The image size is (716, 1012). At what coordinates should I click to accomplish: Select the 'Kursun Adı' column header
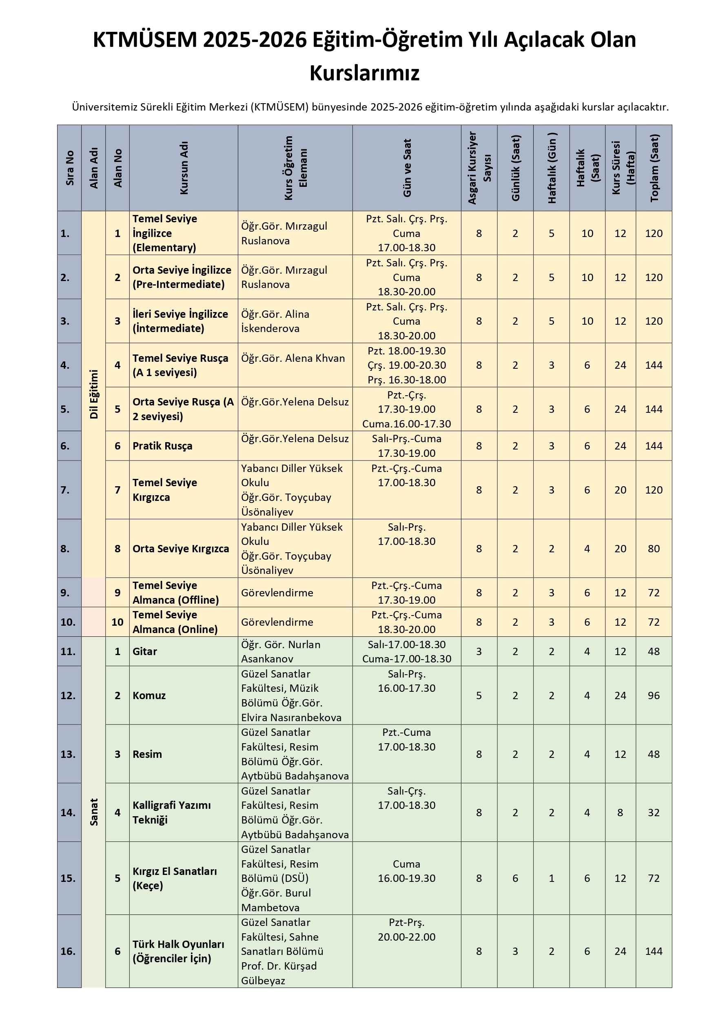[184, 168]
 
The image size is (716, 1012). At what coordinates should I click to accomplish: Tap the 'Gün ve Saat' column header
[407, 168]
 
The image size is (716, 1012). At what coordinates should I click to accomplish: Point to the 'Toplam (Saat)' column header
[654, 168]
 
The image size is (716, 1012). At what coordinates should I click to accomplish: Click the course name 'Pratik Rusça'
[162, 446]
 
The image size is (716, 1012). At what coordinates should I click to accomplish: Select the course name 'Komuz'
[149, 695]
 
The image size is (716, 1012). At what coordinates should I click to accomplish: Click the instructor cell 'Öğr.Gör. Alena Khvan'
[293, 359]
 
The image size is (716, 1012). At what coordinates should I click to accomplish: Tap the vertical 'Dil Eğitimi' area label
[93, 394]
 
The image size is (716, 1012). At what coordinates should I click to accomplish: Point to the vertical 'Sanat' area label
[93, 812]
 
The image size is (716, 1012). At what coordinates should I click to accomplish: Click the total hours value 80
[654, 549]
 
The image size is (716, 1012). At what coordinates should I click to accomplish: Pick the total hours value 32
[654, 812]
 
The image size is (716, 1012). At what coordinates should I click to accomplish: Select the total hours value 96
[654, 695]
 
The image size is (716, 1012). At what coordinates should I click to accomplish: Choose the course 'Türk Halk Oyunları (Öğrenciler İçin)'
[178, 951]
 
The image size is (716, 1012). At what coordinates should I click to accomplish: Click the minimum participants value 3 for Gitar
[479, 651]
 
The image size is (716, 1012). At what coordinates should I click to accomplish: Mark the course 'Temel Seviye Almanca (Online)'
[175, 622]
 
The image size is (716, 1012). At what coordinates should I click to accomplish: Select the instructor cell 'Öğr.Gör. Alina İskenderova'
[275, 321]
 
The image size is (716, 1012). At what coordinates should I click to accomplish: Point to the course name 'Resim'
[147, 754]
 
